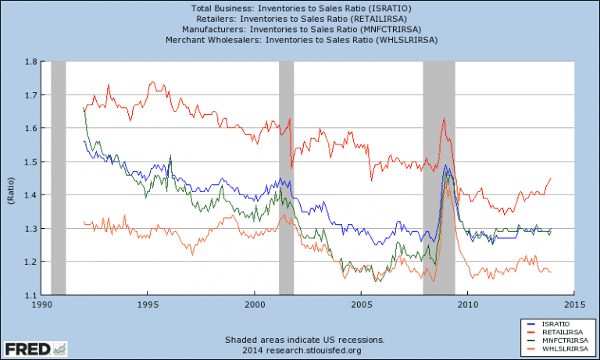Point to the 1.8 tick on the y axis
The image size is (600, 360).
click(31, 62)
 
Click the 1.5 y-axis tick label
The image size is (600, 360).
click(31, 162)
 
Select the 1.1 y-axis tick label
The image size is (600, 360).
click(31, 295)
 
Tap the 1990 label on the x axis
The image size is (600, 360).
click(42, 305)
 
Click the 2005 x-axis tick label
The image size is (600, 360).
click(361, 305)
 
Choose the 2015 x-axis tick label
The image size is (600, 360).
click(573, 305)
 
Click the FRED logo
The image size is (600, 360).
click(36, 348)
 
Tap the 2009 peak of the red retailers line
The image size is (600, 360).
click(444, 119)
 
